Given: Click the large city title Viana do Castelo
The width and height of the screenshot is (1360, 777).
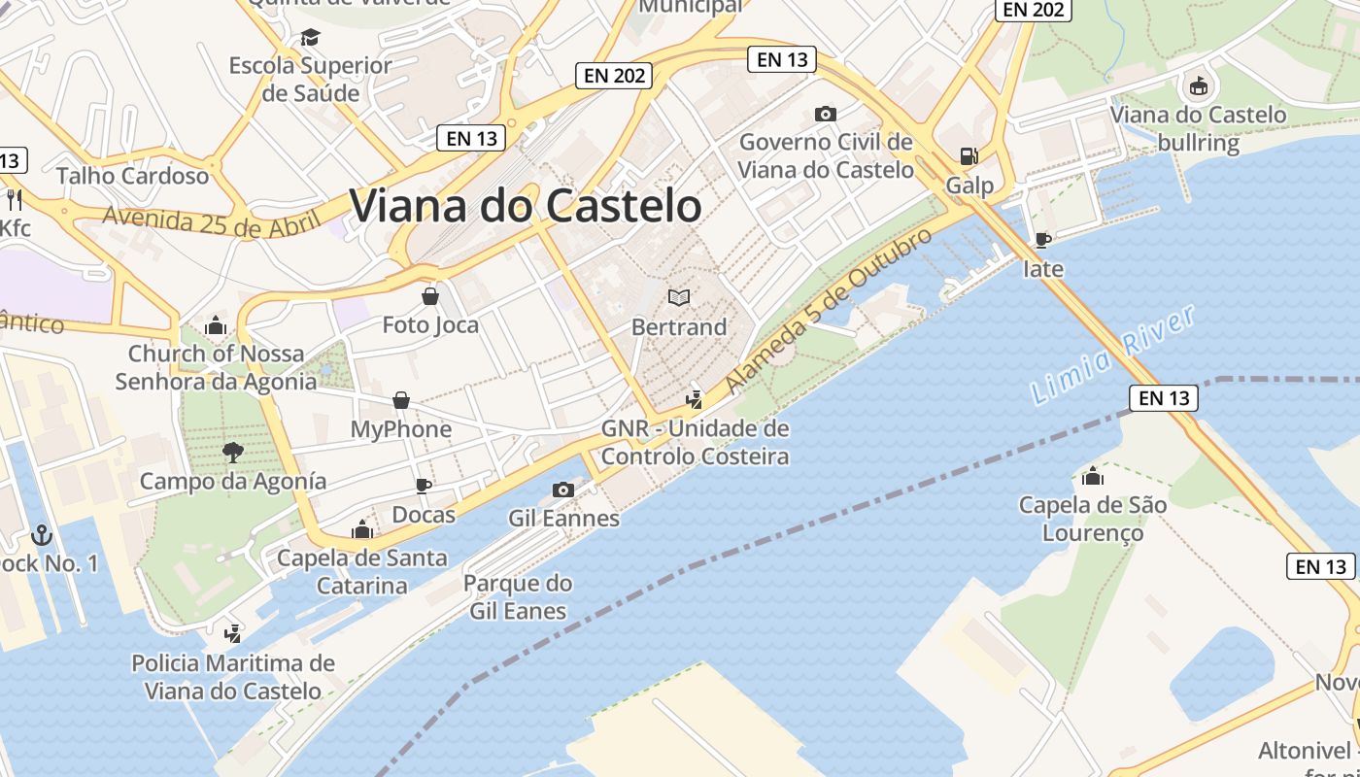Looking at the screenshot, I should point(525,206).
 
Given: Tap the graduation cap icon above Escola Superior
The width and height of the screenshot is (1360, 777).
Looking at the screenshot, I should point(310,37).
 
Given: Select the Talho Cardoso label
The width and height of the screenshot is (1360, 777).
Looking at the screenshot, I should point(133,176).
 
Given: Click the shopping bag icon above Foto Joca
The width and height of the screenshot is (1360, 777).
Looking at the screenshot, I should point(430,295).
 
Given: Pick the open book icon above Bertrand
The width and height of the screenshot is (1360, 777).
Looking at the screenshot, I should point(679,297).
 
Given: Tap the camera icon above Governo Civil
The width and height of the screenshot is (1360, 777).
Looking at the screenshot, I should point(826,114).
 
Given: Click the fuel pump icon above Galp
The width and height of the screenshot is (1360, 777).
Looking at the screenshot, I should point(969,155).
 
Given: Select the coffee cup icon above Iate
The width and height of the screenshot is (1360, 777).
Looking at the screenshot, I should point(1043,239).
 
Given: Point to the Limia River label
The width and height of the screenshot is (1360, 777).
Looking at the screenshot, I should point(1113,355).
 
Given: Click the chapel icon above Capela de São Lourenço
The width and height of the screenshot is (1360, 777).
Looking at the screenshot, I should point(1093,476).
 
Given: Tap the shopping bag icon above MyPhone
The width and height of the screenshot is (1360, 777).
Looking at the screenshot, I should point(401,399).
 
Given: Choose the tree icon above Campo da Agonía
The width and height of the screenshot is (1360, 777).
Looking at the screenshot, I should point(232,452).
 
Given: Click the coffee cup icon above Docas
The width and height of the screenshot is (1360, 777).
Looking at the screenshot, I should point(424,485).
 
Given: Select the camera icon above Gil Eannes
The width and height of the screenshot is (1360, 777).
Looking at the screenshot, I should point(563,490).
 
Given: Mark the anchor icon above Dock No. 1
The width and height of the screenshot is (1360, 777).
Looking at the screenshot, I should point(41,534).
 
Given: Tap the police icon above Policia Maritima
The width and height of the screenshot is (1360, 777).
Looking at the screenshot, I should point(232,634).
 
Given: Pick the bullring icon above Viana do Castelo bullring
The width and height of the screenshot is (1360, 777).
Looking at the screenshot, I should point(1198,85).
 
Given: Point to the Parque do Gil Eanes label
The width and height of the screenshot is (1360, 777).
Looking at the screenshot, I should point(518,597).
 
